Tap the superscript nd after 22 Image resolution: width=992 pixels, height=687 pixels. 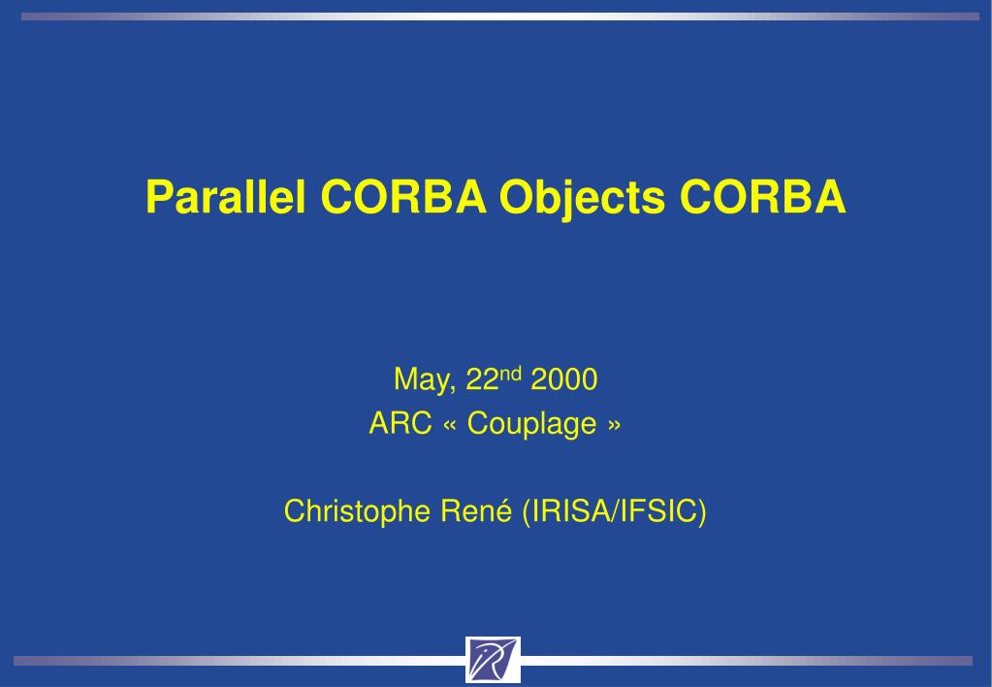(x=511, y=373)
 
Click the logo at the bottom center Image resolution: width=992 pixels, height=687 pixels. (x=493, y=660)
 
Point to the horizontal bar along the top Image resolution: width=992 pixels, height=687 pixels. (x=496, y=16)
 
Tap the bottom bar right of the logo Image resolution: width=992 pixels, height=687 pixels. (x=747, y=661)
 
